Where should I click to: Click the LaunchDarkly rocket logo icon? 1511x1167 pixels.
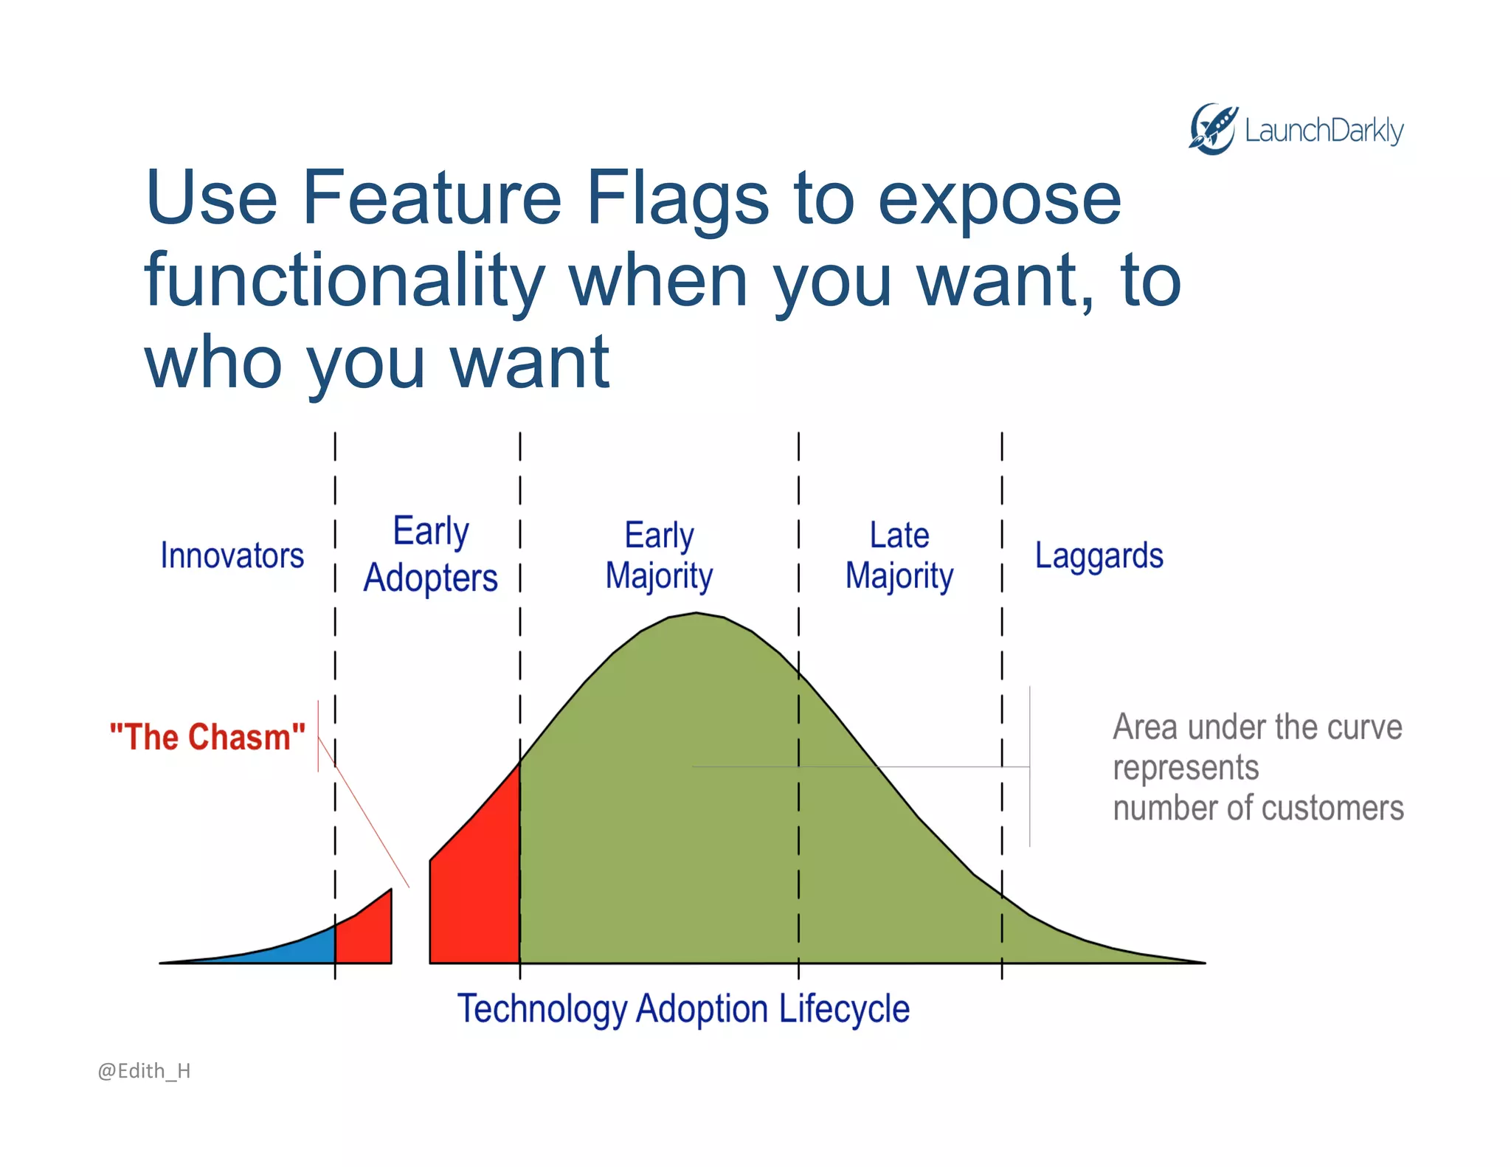[x=1211, y=129]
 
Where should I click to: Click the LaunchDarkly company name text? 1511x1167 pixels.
[x=1324, y=131]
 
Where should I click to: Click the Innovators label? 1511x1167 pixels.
[x=232, y=555]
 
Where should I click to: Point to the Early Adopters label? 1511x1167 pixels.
[x=430, y=554]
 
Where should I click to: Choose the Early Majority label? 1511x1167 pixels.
[x=659, y=555]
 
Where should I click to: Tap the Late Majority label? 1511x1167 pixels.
[x=899, y=555]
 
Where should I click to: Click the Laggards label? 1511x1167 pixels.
[x=1099, y=555]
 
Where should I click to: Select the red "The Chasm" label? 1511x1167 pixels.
[x=207, y=737]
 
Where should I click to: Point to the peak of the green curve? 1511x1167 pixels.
[x=696, y=614]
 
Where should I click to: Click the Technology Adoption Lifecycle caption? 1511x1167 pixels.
[x=683, y=1008]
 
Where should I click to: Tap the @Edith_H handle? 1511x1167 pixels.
[x=144, y=1070]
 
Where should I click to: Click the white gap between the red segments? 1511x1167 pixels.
[x=411, y=929]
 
